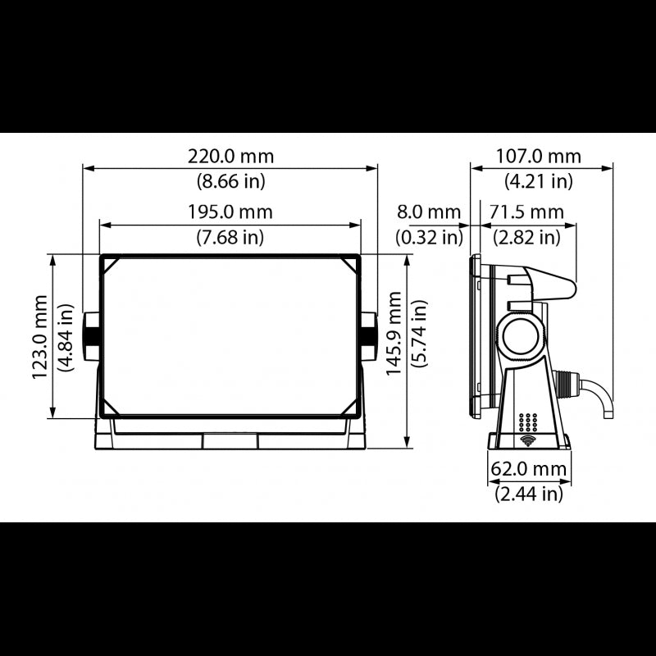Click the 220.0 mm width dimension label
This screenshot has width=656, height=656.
tap(231, 156)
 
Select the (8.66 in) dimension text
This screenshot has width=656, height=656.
tap(231, 180)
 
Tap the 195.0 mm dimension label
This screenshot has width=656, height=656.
tap(230, 212)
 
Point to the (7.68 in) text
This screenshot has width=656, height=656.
tap(230, 237)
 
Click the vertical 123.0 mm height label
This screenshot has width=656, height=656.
tap(39, 336)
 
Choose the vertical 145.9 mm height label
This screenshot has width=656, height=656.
tap(394, 336)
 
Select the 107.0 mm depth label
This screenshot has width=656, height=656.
tap(539, 156)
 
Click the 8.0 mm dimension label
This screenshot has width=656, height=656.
tap(429, 212)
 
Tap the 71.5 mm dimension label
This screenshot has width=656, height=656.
tap(526, 212)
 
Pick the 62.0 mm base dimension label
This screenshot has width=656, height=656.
tap(529, 470)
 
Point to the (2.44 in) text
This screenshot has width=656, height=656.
tap(529, 494)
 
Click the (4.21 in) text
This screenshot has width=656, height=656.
tap(539, 180)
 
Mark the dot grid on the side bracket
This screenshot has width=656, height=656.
tap(528, 422)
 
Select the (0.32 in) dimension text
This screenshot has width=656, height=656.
tap(429, 237)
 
